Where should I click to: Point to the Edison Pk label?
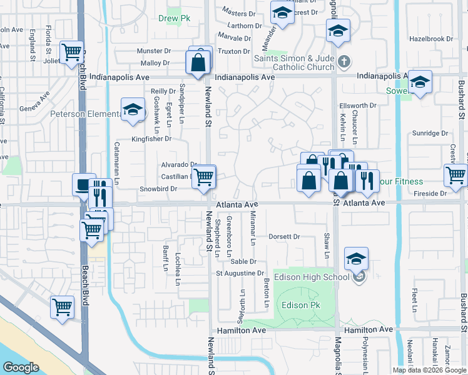tap(301, 305)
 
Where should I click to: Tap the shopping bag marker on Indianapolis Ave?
tap(198, 63)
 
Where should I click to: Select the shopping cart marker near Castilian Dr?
tap(204, 177)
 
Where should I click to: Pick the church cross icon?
tap(343, 62)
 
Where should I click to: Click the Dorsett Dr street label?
tap(285, 237)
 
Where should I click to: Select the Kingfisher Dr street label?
tap(151, 139)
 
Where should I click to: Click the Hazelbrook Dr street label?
tap(430, 39)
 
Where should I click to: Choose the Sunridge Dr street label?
tap(430, 133)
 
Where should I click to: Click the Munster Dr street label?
tap(155, 51)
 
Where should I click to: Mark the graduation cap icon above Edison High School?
tap(356, 258)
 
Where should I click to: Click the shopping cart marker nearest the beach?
tap(62, 307)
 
